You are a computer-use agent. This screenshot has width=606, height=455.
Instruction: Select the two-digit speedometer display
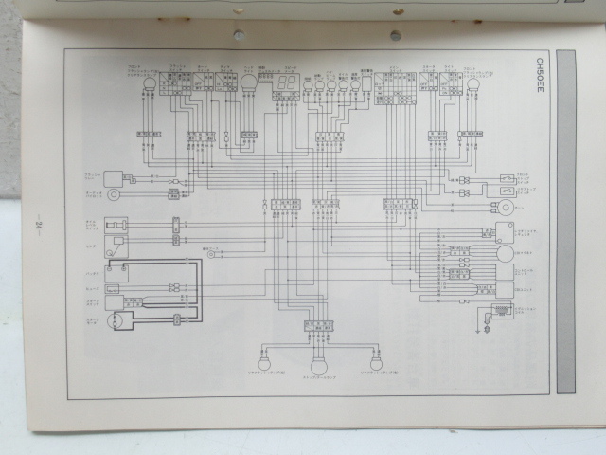pyautogui.click(x=288, y=86)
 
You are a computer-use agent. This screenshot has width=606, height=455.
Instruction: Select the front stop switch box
pyautogui.click(x=507, y=177)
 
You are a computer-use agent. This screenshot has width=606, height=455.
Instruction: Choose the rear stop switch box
pyautogui.click(x=507, y=192)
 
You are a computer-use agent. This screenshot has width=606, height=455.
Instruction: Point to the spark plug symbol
pyautogui.click(x=487, y=329)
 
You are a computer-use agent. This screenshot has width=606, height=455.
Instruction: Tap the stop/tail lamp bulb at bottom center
pyautogui.click(x=318, y=364)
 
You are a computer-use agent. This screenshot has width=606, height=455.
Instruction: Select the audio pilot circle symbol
pyautogui.click(x=114, y=194)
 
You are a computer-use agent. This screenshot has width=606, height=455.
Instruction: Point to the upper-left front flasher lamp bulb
pyautogui.click(x=149, y=83)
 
